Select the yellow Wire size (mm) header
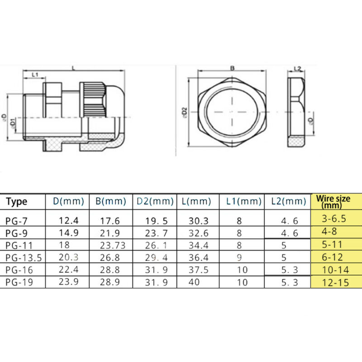tap(336, 201)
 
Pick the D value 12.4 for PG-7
tap(69, 220)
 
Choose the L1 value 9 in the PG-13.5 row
tap(239, 257)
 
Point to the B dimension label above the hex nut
tap(232, 68)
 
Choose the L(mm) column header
tap(197, 201)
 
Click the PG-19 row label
tap(19, 282)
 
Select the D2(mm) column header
tap(154, 201)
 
